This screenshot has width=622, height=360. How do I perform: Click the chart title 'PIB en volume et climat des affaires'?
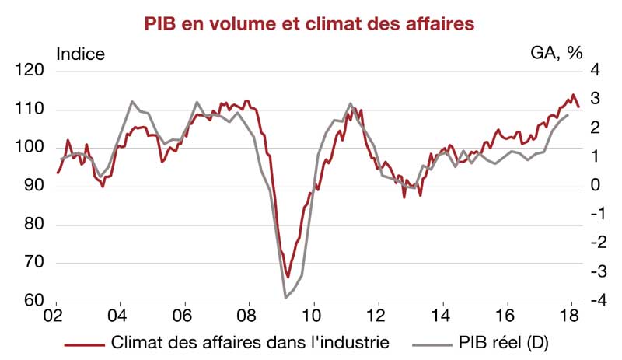click(309, 24)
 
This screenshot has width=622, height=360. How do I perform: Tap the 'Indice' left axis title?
click(81, 54)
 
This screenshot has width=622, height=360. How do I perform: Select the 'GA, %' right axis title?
click(556, 54)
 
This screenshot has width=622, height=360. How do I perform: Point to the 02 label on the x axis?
click(54, 316)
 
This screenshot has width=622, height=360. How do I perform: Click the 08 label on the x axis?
click(248, 316)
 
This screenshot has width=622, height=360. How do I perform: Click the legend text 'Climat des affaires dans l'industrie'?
click(246, 341)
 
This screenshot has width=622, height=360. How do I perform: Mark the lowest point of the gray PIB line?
click(285, 297)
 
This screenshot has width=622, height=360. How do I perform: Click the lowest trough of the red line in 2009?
click(287, 277)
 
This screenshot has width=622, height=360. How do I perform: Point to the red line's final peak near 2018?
click(573, 95)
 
